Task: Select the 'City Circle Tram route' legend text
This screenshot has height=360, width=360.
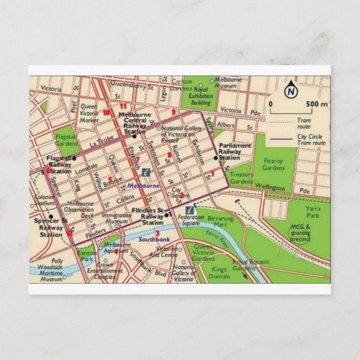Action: [x=312, y=141]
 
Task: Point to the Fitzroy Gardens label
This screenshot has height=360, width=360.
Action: [x=256, y=162]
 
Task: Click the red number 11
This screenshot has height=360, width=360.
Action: [x=123, y=107]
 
